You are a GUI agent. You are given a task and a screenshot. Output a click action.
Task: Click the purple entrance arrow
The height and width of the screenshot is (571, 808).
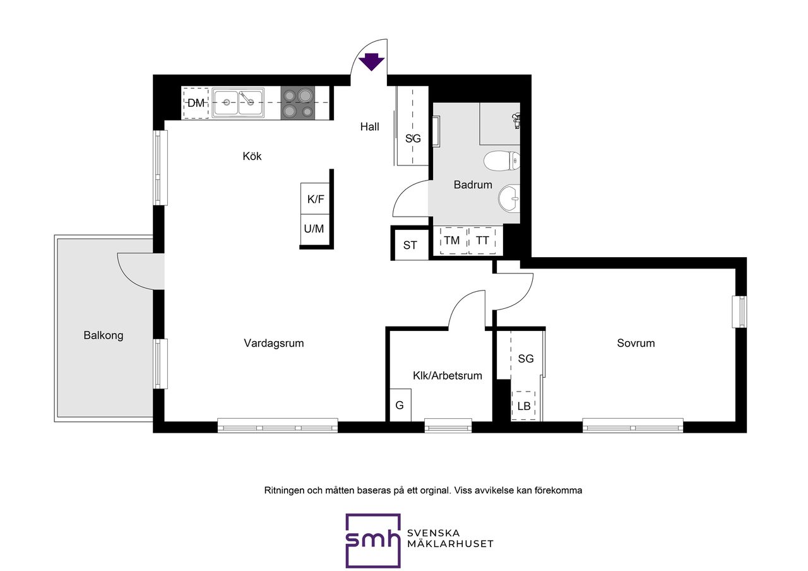tap(372, 62)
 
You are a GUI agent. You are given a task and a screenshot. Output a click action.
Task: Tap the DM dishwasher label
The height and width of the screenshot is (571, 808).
tap(196, 103)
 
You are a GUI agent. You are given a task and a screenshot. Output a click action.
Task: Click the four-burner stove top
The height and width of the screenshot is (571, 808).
tap(298, 103)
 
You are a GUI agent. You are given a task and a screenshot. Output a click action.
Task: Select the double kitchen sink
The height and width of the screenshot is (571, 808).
tap(238, 103)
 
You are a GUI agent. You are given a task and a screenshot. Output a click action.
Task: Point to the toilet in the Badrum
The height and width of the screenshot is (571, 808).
tap(502, 161)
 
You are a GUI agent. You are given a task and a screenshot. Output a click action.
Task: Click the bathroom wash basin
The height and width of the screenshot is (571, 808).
tap(509, 198)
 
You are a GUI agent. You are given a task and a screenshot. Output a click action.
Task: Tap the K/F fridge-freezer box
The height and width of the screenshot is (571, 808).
tap(315, 199)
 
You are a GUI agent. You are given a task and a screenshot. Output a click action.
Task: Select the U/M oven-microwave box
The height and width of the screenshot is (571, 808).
tap(314, 229)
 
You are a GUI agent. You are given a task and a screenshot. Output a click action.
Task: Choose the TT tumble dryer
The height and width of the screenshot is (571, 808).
tap(482, 241)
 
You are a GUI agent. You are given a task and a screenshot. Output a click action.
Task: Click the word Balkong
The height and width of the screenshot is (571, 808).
tap(104, 335)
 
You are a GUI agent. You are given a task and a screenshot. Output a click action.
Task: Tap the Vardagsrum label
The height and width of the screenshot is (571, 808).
tap(274, 343)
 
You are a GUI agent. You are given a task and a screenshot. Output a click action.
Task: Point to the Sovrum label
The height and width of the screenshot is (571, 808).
tap(636, 343)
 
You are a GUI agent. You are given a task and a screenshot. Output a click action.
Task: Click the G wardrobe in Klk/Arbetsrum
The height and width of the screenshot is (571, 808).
tap(400, 405)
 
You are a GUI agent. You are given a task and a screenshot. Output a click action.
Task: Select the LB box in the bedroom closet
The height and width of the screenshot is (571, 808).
tap(523, 406)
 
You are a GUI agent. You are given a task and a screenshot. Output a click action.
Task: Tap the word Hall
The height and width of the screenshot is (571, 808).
tap(370, 127)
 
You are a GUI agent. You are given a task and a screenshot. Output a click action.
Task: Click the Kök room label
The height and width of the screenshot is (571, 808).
tap(252, 156)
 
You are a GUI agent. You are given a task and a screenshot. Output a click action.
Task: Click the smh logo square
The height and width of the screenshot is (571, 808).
tap(373, 540)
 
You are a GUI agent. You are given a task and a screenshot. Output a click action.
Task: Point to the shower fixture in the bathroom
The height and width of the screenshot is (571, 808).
tap(516, 121)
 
